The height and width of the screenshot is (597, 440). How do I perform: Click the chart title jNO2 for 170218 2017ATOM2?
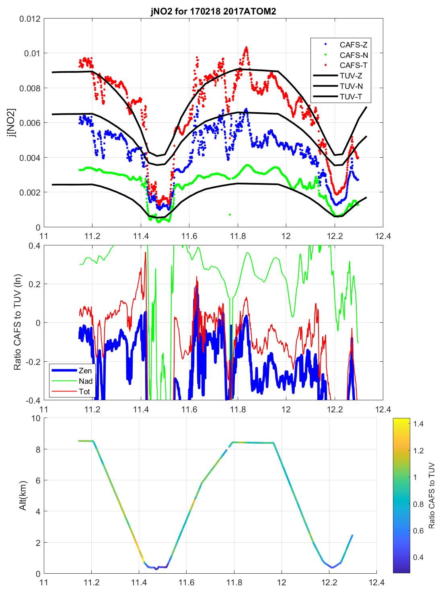pyautogui.click(x=213, y=11)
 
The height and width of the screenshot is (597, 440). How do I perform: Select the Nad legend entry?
pyautogui.click(x=85, y=381)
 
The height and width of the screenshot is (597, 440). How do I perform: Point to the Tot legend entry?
pyautogui.click(x=84, y=391)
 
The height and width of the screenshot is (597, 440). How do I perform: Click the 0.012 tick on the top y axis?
pyautogui.click(x=30, y=19)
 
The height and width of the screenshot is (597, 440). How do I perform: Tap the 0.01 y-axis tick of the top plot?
pyautogui.click(x=32, y=54)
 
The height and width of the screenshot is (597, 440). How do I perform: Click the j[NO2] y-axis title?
pyautogui.click(x=12, y=123)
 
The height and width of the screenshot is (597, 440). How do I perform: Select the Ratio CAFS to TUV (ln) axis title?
pyautogui.click(x=17, y=322)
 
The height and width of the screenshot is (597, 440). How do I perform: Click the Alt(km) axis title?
pyautogui.click(x=23, y=495)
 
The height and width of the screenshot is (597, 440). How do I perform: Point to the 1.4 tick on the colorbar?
pyautogui.click(x=418, y=424)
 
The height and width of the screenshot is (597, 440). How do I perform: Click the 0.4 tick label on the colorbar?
pyautogui.click(x=418, y=557)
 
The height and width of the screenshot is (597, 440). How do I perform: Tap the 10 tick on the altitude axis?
pyautogui.click(x=36, y=418)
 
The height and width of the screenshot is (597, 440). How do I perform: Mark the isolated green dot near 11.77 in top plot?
pyautogui.click(x=230, y=214)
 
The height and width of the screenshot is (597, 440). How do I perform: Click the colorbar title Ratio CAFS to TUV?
pyautogui.click(x=432, y=495)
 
